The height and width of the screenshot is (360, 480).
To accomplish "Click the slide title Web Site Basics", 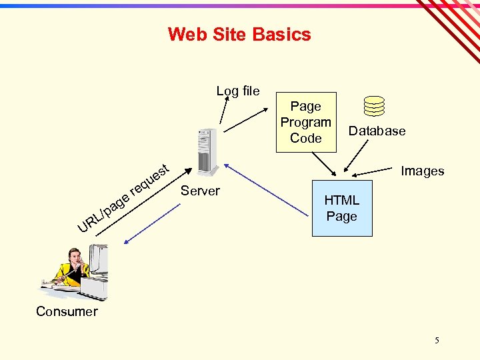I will pos(239,34).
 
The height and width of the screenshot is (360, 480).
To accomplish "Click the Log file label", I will pos(238,91).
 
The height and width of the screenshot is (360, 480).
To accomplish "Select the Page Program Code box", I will pos(306,122).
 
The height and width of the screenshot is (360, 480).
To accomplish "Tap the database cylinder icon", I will pos(375,106).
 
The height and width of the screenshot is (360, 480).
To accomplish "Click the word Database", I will pos(377,131).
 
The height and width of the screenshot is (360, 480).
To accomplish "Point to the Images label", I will pos(422,171).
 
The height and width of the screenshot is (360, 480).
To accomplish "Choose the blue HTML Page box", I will pos(341,207).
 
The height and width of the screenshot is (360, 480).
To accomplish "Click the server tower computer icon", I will pos(206,151).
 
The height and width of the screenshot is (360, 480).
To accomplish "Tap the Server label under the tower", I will pos(200,191).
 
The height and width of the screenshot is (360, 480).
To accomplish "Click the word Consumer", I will pos(67,311).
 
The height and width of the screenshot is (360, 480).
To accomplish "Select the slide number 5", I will pos(437,341).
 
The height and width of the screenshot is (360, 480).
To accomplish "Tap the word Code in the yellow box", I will pos(306,139).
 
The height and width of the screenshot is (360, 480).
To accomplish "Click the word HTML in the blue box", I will pos(341,200).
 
